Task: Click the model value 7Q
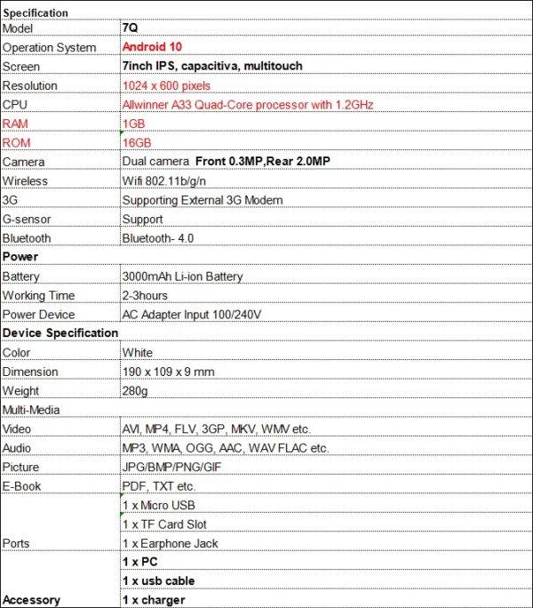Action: click(130, 28)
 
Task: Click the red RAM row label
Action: click(15, 124)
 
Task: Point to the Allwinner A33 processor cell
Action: click(248, 105)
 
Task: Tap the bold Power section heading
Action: click(20, 257)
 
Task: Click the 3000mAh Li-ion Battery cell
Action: click(182, 276)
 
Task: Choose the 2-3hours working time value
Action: click(145, 295)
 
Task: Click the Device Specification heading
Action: click(60, 333)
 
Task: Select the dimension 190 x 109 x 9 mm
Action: click(168, 372)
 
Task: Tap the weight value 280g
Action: click(136, 391)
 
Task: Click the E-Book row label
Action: click(22, 486)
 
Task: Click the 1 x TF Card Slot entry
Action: click(164, 524)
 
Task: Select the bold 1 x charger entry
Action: click(154, 600)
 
